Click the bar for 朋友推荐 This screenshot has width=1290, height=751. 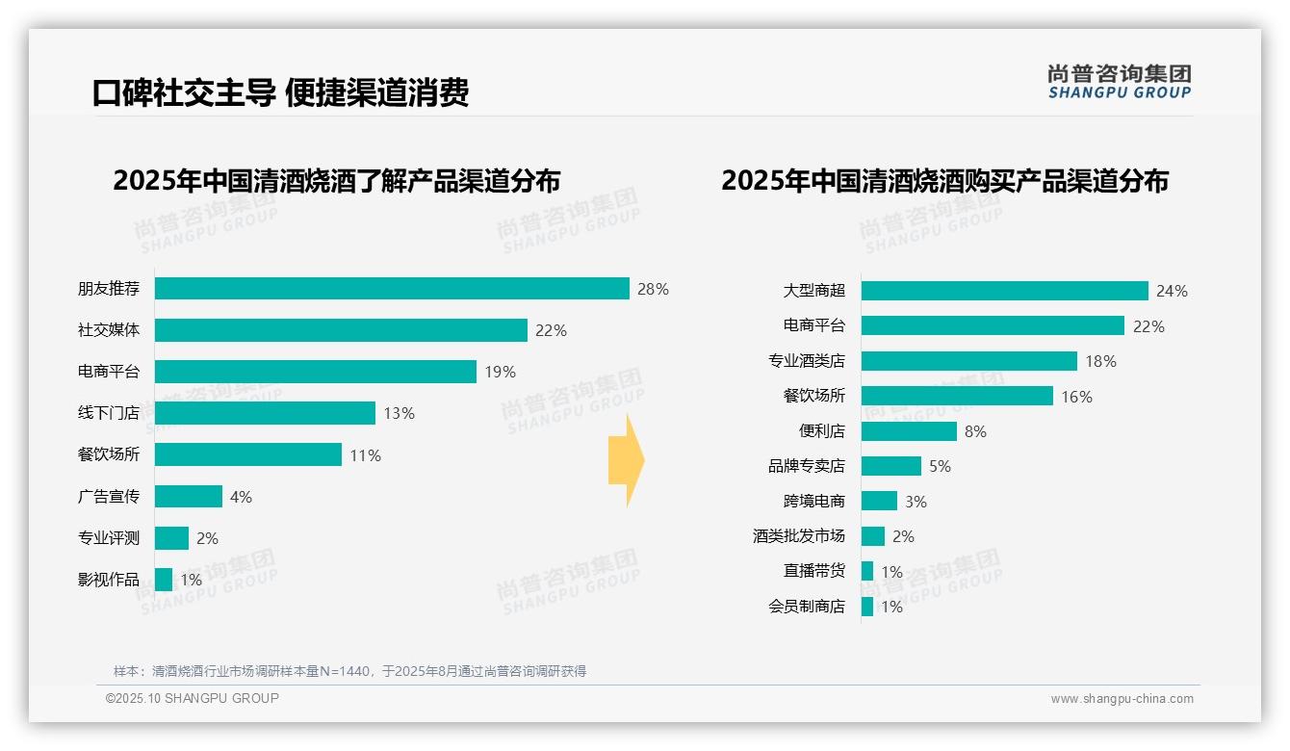(392, 289)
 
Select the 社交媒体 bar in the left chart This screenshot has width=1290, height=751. (341, 330)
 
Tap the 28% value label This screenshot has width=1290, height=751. (653, 289)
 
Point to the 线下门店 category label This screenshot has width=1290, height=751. (109, 413)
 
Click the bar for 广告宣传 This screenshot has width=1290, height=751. (189, 497)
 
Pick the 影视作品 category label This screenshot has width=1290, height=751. (109, 580)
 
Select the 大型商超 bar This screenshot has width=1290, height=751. (1004, 291)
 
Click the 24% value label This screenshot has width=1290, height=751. (1172, 291)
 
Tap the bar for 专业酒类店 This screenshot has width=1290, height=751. (968, 361)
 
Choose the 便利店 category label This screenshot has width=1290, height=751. (821, 431)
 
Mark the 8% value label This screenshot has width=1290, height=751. (975, 431)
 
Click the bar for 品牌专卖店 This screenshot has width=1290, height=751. (890, 466)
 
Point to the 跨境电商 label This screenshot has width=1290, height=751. (813, 502)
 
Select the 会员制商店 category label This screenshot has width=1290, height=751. (806, 607)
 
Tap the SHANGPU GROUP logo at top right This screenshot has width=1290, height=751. (1119, 82)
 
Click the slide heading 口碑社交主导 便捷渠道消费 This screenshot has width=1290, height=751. (280, 93)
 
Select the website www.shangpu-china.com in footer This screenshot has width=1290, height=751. (1122, 699)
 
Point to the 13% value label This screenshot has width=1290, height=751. (399, 413)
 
